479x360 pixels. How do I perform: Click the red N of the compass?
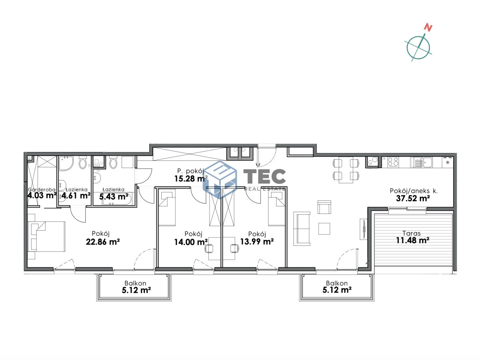point(428,28)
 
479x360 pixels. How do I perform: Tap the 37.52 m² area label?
point(413,198)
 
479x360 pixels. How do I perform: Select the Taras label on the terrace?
point(412,233)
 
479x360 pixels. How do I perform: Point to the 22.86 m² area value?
point(103,242)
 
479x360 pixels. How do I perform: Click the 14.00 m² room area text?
point(191,242)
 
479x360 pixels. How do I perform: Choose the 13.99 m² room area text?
point(257,242)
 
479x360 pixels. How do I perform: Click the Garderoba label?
point(42,190)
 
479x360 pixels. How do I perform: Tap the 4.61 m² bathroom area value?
point(76,196)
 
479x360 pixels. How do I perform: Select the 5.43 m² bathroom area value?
point(114,197)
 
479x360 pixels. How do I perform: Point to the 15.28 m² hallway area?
point(191,179)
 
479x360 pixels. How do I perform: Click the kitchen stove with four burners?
point(393,162)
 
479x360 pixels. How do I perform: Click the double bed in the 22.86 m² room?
point(47,237)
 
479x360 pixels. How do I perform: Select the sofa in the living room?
point(302,229)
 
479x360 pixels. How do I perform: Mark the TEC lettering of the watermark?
point(265,176)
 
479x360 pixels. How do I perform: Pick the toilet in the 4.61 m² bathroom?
point(83,162)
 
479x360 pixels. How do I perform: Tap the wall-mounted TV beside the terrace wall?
point(364,229)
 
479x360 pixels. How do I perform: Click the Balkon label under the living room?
point(337,283)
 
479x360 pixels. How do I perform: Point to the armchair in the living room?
point(324,207)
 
